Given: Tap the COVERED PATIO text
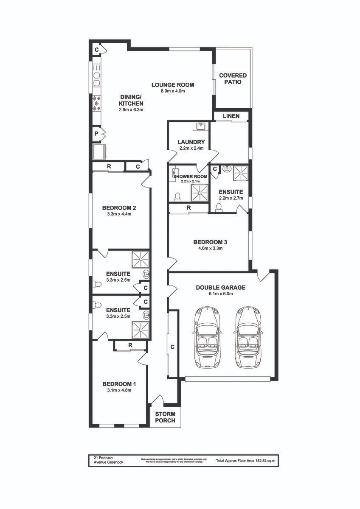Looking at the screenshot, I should tap(233, 78).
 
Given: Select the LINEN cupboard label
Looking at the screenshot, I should tap(231, 116).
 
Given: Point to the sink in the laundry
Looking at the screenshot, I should tap(200, 126).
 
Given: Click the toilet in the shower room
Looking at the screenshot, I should tap(177, 196).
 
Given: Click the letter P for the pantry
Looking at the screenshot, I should tap(97, 134).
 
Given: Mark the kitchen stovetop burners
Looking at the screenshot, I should tap(96, 103).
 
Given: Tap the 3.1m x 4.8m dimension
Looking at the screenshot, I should tap(119, 390).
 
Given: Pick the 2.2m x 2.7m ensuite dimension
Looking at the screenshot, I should tap(231, 198).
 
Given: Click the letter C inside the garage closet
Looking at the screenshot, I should tap(172, 347).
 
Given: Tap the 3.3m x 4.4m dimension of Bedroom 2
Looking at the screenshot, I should tap(119, 214).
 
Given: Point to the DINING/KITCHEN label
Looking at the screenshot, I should tap(131, 101).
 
